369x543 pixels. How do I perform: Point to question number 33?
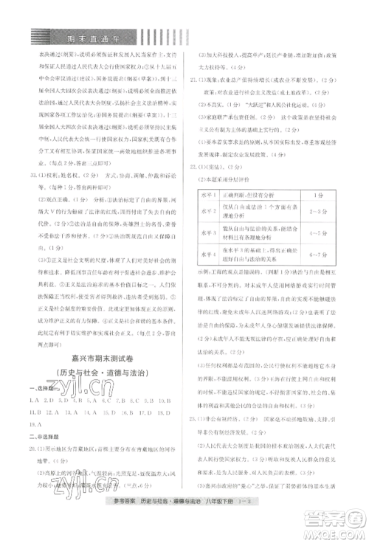pyautogui.click(x=32, y=174)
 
